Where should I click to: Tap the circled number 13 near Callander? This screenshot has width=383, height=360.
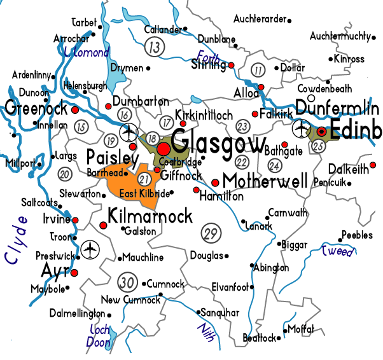[x=154, y=46]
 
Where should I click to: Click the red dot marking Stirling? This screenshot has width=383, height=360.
[x=232, y=66]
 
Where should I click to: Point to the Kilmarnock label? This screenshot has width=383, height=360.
[x=150, y=216]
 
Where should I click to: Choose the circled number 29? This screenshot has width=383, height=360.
[x=210, y=233]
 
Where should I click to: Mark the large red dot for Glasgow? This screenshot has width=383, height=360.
[x=164, y=148]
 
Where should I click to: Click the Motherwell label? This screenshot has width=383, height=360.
[x=265, y=180]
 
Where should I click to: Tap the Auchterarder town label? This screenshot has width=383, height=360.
[x=260, y=19]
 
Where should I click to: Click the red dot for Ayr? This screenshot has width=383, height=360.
[x=74, y=273]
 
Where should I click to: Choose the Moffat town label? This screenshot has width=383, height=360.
[x=301, y=329]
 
